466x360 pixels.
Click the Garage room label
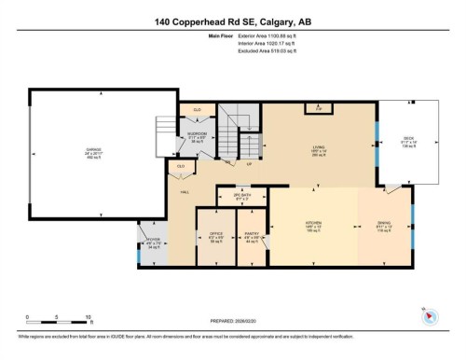coord(93,151)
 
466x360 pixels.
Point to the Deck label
coord(407,139)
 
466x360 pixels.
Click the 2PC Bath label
coord(240,198)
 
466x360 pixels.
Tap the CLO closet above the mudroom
coord(197,109)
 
